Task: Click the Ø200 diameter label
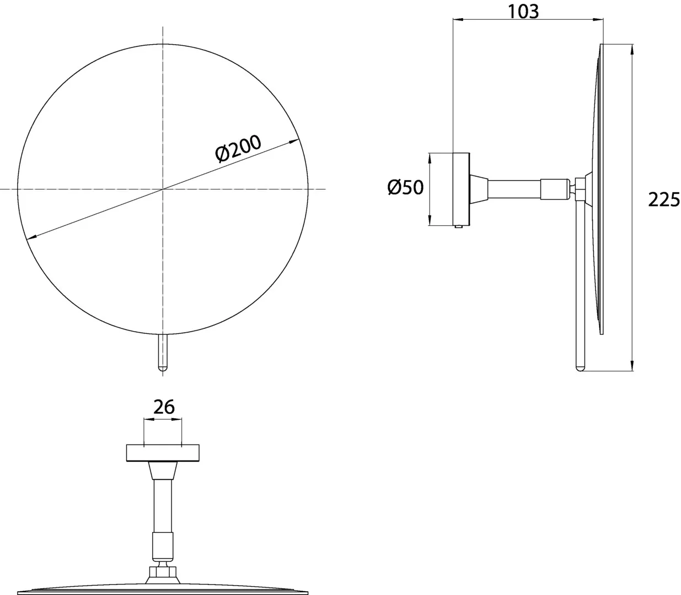click(238, 149)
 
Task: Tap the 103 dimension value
click(523, 12)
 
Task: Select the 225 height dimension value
click(664, 200)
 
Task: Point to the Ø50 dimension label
click(406, 187)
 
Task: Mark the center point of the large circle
click(163, 189)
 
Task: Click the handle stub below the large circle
click(163, 352)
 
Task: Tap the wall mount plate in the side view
click(461, 189)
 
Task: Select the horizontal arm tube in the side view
click(514, 190)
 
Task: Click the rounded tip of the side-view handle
click(580, 369)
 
